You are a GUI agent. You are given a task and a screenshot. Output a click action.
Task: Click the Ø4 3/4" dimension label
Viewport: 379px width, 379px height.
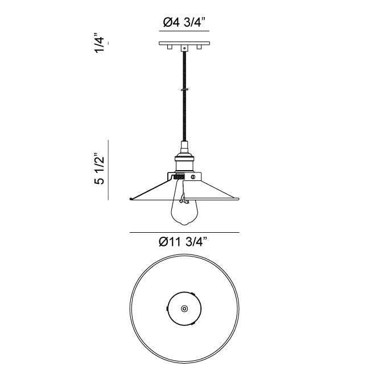coord(184,23)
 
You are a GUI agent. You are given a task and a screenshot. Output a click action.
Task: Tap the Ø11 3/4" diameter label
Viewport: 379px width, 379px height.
coord(183,241)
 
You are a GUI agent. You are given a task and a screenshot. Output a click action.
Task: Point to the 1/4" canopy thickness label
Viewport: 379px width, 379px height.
coord(100,43)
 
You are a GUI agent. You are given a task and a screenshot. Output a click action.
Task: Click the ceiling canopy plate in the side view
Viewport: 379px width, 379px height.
coord(184,43)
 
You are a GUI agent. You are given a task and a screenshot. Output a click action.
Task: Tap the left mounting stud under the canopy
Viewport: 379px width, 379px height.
coord(170,47)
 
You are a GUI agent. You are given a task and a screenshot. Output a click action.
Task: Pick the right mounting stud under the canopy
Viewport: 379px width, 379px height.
coord(199,47)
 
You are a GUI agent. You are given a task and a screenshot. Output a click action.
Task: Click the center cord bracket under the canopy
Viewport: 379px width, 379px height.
coord(184,48)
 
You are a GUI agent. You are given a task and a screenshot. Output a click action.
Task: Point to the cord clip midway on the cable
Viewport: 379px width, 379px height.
coord(184,90)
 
